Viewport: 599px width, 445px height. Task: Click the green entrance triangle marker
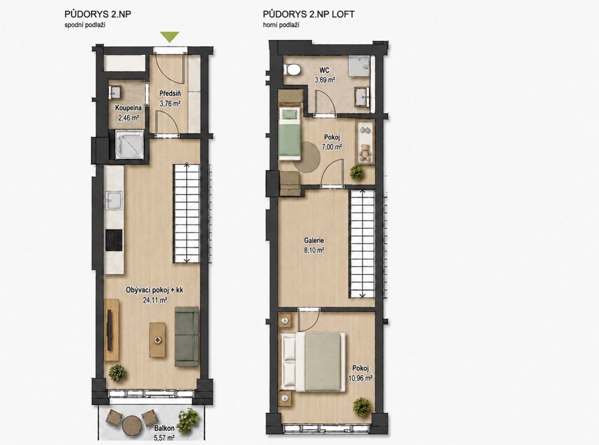coord(169,37)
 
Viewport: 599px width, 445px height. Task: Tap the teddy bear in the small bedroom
coord(365,153)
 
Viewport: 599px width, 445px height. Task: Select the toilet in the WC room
coord(292,69)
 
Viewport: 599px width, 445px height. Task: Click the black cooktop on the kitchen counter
coord(114,240)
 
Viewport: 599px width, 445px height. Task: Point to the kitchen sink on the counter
coord(114,200)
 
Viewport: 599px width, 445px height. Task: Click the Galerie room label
coord(314,240)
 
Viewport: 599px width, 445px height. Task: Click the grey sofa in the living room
coord(186,337)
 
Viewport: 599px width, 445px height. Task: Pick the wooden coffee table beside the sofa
coord(157,340)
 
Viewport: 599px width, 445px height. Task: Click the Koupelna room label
coord(128,108)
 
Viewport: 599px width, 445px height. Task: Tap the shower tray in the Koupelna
coord(130,144)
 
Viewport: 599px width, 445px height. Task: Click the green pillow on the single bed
coord(289,114)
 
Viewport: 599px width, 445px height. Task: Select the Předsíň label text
coord(170,93)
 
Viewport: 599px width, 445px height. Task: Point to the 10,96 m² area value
coord(360,378)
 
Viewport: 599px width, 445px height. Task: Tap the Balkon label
coord(164,428)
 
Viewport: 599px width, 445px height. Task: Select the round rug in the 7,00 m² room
coord(307,156)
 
